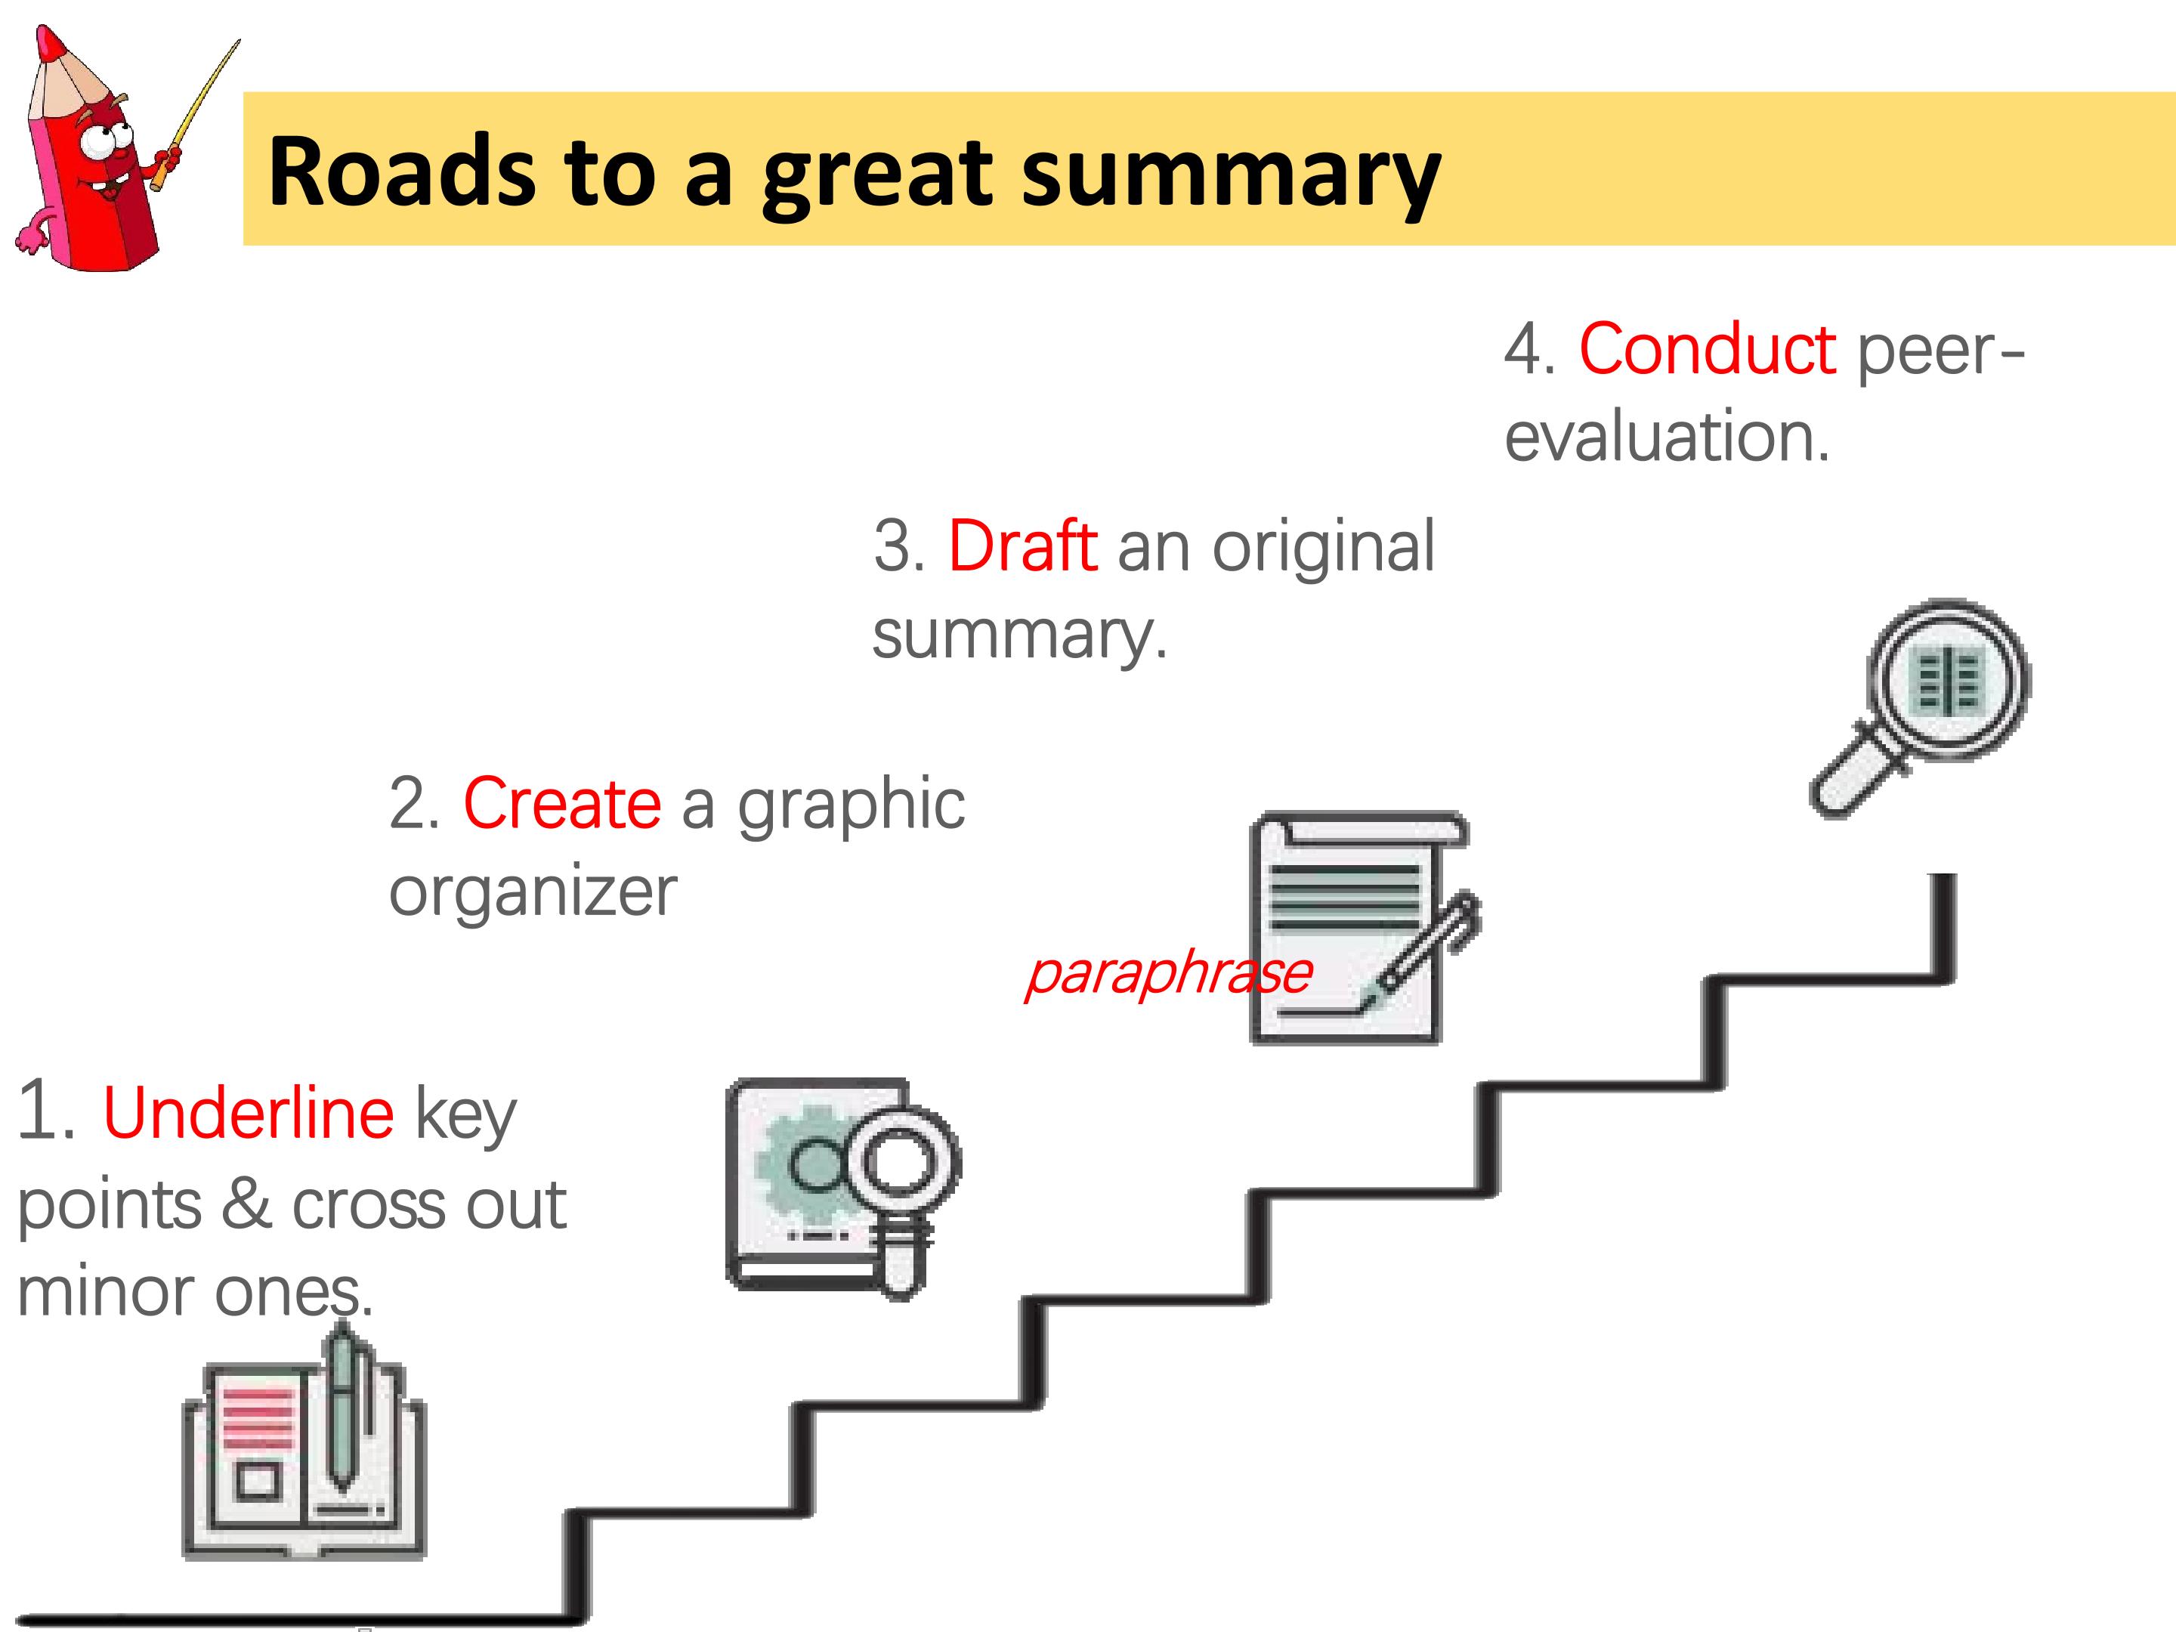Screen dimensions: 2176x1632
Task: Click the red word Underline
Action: pos(248,1113)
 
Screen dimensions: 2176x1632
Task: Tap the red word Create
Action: pos(561,804)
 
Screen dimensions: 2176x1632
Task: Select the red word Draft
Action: pos(1022,546)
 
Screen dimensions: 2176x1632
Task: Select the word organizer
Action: pos(533,892)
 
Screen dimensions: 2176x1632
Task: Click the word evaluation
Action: pos(1667,436)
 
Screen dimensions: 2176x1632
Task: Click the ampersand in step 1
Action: pos(246,1204)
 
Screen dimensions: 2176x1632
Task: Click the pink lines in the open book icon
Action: pos(258,1417)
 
